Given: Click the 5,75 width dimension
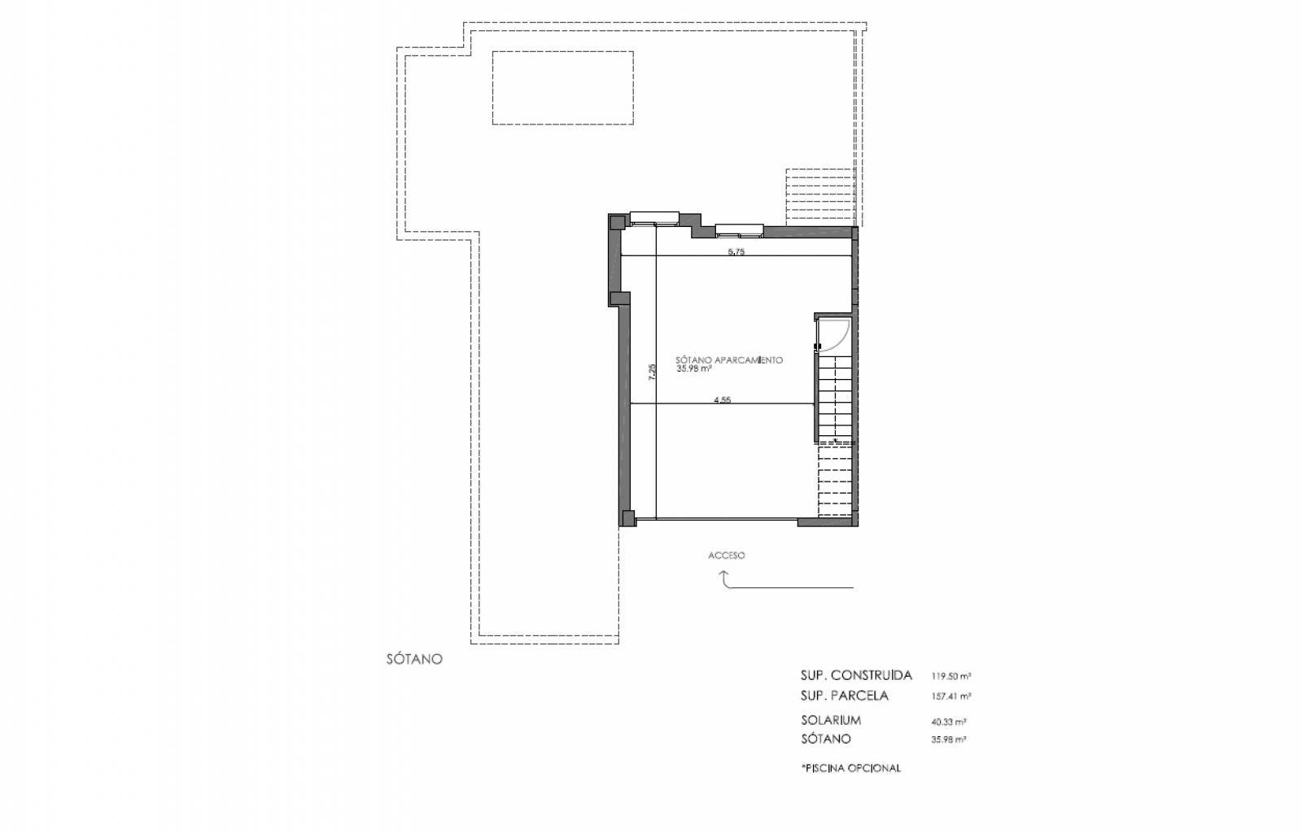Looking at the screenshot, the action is point(736,252).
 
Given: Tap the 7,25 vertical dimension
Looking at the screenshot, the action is point(652,372).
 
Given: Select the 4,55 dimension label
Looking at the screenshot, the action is point(723,399).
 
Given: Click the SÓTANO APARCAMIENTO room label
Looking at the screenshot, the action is point(729,360).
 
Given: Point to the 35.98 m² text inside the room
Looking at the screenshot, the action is point(694,369).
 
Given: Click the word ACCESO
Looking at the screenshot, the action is point(727,556).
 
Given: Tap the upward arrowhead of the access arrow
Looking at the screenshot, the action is point(724,574).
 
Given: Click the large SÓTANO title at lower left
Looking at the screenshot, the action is point(414,659).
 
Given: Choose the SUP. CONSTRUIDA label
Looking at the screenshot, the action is point(856,675).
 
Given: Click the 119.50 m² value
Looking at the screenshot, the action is point(951,676).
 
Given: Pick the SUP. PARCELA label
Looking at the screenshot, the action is point(845,696).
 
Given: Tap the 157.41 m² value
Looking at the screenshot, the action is point(951,696).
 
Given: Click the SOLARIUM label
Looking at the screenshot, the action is point(831,720).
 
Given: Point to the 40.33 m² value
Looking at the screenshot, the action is point(949,722).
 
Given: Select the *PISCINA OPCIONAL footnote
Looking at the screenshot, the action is point(851,768).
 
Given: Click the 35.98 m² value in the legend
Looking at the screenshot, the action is point(949,740).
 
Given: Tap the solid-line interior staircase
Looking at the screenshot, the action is point(835,399).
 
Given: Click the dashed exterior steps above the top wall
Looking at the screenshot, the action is point(820,197).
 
